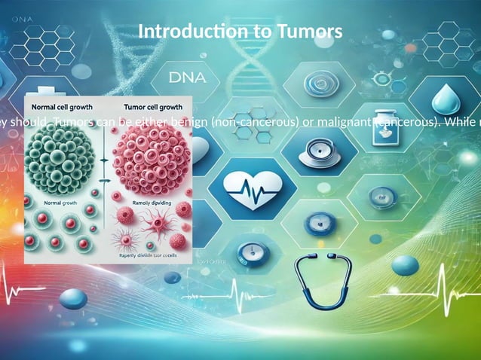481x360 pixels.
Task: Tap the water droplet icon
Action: (442, 99)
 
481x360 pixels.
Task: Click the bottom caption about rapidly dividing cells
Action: (146, 255)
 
